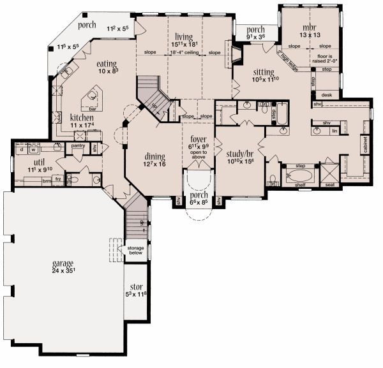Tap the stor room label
click(x=135, y=286)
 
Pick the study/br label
click(x=241, y=154)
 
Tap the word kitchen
click(x=82, y=118)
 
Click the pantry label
click(x=79, y=145)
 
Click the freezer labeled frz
click(x=58, y=180)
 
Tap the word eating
click(x=106, y=64)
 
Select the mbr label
click(x=310, y=27)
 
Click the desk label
click(x=327, y=94)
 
